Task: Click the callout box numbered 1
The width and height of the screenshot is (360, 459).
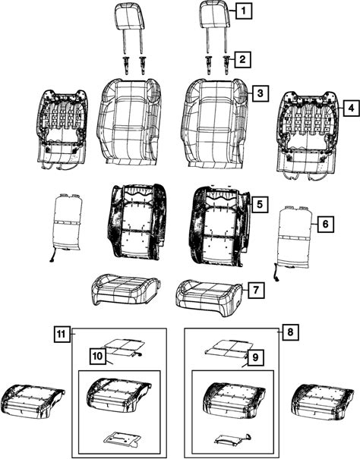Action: [244, 11]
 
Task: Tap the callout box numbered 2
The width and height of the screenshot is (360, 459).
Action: [242, 59]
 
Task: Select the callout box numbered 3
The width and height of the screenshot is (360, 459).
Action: [260, 93]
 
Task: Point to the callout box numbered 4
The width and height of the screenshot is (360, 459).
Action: [351, 108]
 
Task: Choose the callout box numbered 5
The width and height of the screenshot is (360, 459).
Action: [260, 204]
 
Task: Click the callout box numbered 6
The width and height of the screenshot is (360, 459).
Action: [325, 224]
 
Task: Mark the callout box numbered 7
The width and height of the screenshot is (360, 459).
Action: [256, 290]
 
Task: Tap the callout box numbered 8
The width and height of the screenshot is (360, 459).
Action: [291, 332]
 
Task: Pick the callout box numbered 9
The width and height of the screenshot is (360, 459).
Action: [255, 357]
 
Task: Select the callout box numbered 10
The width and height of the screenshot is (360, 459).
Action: [97, 356]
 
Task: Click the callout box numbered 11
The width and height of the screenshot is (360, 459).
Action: [62, 334]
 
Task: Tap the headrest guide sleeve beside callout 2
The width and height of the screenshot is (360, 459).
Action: [226, 64]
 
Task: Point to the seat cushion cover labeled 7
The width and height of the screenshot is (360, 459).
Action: [210, 297]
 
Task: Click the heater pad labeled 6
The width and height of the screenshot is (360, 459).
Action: [294, 242]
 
